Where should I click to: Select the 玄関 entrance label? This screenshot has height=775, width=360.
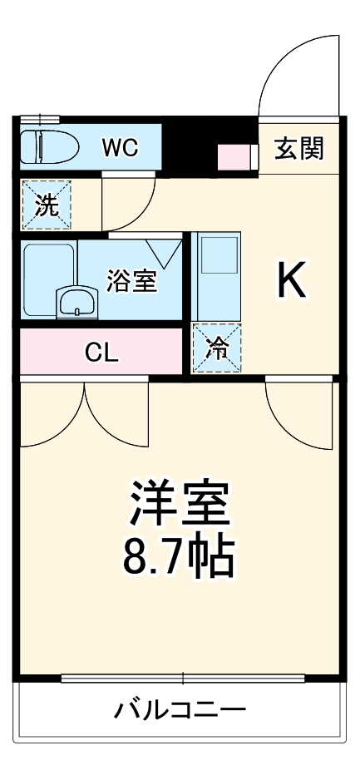click(298, 150)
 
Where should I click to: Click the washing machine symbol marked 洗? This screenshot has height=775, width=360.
click(46, 205)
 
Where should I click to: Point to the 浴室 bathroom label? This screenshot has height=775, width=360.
click(131, 280)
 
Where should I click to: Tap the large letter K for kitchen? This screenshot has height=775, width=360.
click(291, 281)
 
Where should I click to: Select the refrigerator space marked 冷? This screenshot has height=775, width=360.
click(217, 348)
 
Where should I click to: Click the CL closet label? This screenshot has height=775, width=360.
click(101, 353)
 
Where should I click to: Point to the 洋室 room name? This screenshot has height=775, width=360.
click(179, 503)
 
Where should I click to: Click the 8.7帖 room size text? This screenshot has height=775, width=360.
click(178, 560)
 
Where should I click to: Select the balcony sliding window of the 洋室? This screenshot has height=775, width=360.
click(183, 677)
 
